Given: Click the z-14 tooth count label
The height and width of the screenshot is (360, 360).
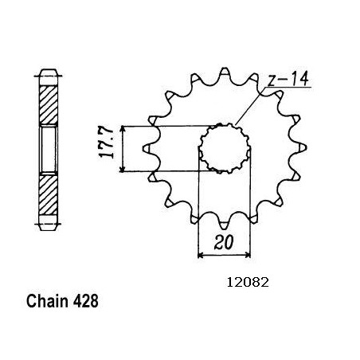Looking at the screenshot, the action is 288,79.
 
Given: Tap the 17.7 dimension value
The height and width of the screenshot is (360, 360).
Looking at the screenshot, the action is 107,143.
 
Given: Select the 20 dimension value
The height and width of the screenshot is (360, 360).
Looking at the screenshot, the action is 224,242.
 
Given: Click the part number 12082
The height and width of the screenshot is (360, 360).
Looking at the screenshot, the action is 248,282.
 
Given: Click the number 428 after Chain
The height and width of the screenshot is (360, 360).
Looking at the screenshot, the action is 85,301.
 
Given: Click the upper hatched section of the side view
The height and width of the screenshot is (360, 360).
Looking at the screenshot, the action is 49,105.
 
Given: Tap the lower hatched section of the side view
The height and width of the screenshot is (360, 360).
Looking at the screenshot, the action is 48,194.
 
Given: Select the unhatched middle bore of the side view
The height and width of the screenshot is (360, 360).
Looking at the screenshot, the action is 49,150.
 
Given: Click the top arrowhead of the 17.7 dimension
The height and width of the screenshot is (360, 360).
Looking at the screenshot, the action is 122,129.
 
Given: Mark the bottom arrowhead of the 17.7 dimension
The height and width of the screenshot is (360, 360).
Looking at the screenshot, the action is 122,168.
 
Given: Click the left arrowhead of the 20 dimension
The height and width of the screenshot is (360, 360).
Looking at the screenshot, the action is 201,255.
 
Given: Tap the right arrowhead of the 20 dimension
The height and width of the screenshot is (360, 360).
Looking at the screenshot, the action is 248,255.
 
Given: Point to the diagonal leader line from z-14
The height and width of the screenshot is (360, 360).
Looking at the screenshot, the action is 250,106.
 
